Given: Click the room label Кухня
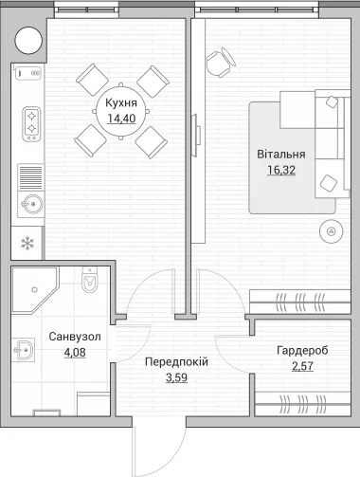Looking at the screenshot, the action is click(121, 103).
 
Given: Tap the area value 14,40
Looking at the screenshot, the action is click(121, 119).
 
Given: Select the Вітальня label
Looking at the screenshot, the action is click(281, 155).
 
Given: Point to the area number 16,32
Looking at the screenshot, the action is click(281, 170).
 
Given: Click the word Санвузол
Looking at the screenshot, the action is click(75, 337).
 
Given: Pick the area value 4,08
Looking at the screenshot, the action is click(75, 352).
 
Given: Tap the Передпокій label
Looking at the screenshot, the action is click(176, 362).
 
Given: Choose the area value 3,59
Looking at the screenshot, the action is click(176, 377).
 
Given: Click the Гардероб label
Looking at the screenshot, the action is click(302, 351).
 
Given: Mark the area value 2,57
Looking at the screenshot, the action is click(302, 366).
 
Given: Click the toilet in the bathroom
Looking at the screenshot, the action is click(90, 280).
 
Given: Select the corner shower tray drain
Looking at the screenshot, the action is click(34, 289).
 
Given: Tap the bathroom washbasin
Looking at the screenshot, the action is click(24, 350).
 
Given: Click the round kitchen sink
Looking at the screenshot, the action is click(31, 204).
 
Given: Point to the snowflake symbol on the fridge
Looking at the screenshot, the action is click(27, 244).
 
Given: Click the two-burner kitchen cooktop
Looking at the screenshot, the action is click(31, 124).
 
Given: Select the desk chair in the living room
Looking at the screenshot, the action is click(220, 63).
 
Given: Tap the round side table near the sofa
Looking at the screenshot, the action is click(331, 231).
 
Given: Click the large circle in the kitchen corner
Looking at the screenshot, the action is click(28, 41).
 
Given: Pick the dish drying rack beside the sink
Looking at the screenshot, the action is click(30, 177).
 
